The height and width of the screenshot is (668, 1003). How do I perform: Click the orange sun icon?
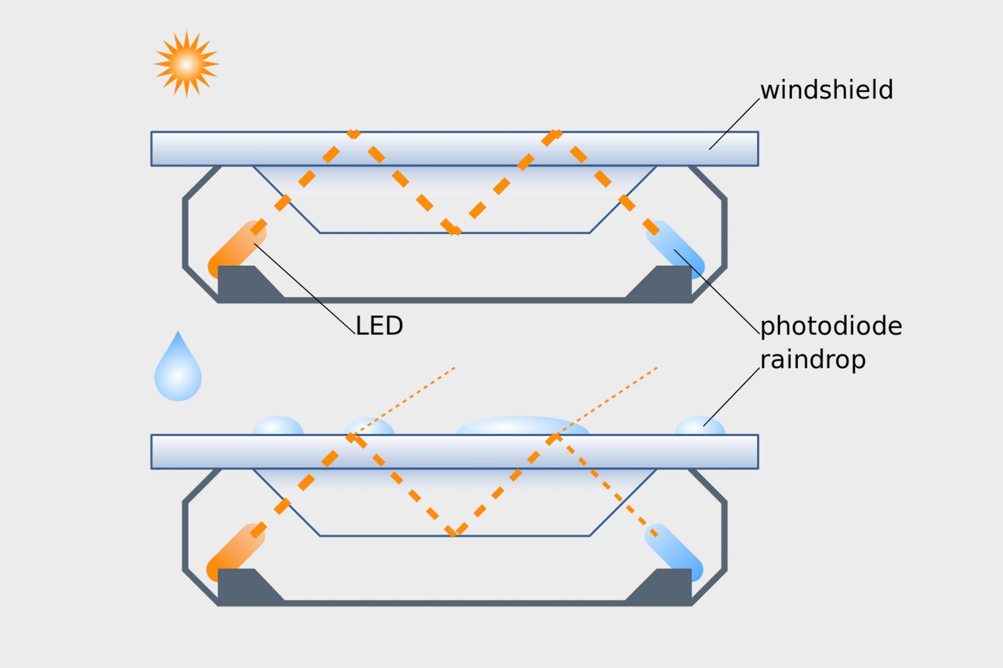tap(186, 64)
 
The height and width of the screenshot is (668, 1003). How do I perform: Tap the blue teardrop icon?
tap(178, 372)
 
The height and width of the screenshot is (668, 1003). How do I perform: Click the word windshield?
tap(826, 90)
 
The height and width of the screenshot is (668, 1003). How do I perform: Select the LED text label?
tap(379, 325)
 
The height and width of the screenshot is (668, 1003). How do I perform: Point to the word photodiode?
tap(831, 326)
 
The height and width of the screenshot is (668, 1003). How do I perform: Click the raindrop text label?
tap(812, 360)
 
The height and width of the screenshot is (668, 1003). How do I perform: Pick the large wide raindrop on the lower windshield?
tap(522, 426)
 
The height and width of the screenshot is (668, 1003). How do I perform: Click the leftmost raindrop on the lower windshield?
tap(278, 426)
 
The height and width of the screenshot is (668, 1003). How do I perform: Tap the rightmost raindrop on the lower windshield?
tap(699, 426)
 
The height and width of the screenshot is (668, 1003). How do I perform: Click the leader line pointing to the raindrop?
tap(731, 397)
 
